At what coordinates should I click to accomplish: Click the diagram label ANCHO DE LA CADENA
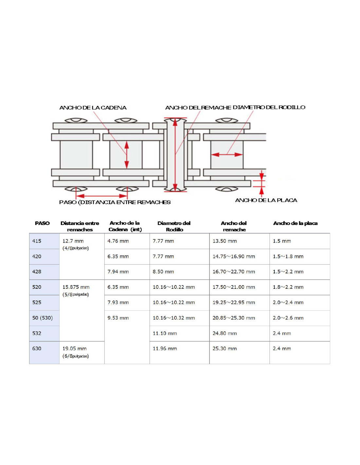pos(93,108)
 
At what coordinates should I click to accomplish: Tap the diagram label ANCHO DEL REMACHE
pos(198,108)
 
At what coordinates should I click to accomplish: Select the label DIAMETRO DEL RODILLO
pos(269,107)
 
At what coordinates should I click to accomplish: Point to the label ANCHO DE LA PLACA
pos(266,200)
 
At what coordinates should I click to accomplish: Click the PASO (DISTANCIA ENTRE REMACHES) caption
pos(115,202)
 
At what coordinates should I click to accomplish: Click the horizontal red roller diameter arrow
pos(227,154)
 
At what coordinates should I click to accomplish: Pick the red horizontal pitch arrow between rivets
pos(102,196)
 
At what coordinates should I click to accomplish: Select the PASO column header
pos(42,223)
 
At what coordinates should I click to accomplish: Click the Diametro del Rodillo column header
pos(174,226)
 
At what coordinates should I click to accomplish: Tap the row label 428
pos(37,272)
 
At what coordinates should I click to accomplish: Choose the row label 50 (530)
pos(43,318)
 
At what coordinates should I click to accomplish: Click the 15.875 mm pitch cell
pos(76,287)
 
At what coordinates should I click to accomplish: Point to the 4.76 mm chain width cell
pos(118,241)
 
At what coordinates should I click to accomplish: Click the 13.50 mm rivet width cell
pos(225,241)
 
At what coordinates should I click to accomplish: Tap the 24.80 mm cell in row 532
pos(225,334)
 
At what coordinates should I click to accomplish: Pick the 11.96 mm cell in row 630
pos(165,349)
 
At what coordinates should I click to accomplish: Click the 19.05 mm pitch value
pos(75,349)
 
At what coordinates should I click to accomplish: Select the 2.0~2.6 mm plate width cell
pos(288,318)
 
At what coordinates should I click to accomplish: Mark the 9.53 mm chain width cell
pos(118,318)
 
